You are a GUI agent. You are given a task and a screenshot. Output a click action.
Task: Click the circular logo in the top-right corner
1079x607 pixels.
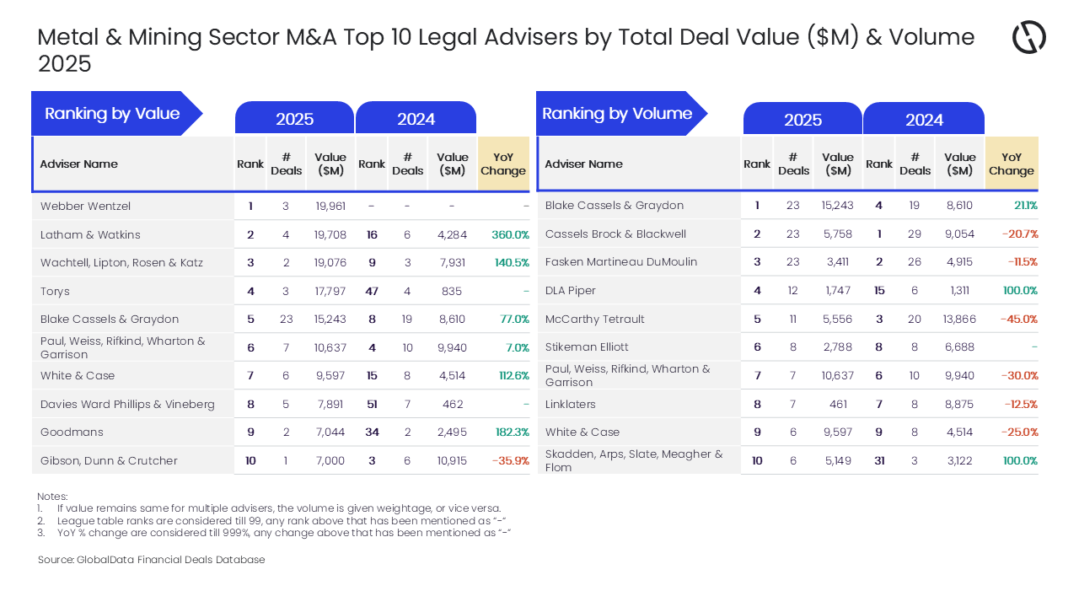tap(1028, 37)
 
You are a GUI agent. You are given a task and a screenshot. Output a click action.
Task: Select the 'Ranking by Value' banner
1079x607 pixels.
tap(112, 114)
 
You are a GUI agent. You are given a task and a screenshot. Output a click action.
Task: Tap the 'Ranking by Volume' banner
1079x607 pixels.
tap(617, 114)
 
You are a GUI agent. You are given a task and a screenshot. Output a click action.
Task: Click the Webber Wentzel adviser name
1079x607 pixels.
tap(85, 206)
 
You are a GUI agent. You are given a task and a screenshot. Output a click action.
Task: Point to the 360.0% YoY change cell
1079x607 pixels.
tap(510, 234)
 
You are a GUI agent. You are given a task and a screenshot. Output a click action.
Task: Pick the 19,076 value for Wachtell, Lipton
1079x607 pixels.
tap(330, 262)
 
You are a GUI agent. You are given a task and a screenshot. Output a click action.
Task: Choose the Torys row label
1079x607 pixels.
tap(55, 291)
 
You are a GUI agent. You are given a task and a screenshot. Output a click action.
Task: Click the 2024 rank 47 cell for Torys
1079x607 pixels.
tap(372, 291)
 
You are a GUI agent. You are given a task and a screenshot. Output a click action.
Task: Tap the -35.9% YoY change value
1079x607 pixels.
tap(510, 460)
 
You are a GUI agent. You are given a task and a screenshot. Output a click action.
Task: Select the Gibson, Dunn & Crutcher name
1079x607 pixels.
tap(109, 460)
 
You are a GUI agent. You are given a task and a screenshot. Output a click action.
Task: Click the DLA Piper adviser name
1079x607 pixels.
tap(571, 290)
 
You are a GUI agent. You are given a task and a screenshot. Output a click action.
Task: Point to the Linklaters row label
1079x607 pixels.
tap(570, 404)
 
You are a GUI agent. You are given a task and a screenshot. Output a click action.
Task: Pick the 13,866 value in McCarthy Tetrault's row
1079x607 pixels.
tap(959, 319)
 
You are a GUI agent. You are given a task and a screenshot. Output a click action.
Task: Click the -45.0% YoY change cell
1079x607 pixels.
tap(1018, 319)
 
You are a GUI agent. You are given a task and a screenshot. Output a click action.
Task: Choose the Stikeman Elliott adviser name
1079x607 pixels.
tap(587, 346)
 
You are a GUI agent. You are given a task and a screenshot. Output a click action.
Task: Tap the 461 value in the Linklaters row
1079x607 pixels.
tap(838, 404)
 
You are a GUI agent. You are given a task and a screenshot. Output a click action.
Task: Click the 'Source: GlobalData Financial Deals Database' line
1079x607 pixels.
tap(151, 560)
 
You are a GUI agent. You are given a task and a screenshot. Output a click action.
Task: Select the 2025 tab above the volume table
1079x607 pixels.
tap(803, 120)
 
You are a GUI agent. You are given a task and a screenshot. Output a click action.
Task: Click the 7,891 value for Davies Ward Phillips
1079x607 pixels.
tap(330, 404)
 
